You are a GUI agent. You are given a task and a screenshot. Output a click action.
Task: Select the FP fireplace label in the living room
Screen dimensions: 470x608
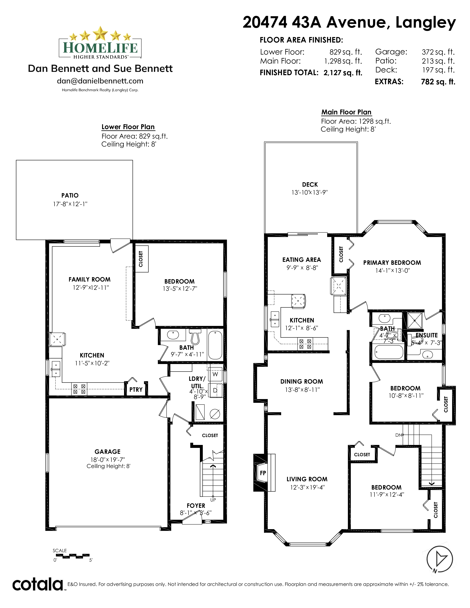(x=263, y=473)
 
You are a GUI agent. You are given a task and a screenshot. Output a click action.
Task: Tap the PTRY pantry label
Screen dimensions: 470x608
(x=136, y=390)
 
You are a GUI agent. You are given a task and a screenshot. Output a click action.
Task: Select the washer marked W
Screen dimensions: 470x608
(x=215, y=374)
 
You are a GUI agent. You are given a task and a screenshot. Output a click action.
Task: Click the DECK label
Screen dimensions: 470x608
(x=310, y=185)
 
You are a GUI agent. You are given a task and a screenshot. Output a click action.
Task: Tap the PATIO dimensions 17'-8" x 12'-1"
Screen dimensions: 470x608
(x=70, y=204)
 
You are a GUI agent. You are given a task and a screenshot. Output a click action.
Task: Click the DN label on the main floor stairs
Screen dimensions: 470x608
(x=398, y=435)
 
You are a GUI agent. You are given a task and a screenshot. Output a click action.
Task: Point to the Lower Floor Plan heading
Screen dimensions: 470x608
(x=128, y=127)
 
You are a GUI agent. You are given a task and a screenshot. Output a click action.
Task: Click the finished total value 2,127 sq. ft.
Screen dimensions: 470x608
(x=343, y=73)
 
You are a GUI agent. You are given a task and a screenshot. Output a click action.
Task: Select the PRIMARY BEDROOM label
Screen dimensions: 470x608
(x=392, y=263)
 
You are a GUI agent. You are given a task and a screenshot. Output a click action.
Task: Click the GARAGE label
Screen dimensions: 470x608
(x=107, y=452)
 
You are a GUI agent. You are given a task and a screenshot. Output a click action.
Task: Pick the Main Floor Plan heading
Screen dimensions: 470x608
(x=346, y=112)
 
